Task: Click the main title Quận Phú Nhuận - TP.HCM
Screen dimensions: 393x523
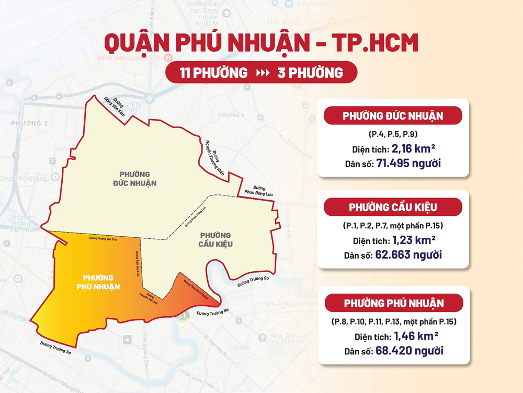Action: point(261,43)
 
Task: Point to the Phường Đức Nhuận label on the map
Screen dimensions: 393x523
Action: point(134,178)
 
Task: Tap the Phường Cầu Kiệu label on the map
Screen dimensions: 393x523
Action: point(215,240)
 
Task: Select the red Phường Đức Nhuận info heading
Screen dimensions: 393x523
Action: point(393,115)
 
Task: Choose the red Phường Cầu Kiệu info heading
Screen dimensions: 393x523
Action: point(393,207)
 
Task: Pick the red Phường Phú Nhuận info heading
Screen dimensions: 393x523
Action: point(393,303)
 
